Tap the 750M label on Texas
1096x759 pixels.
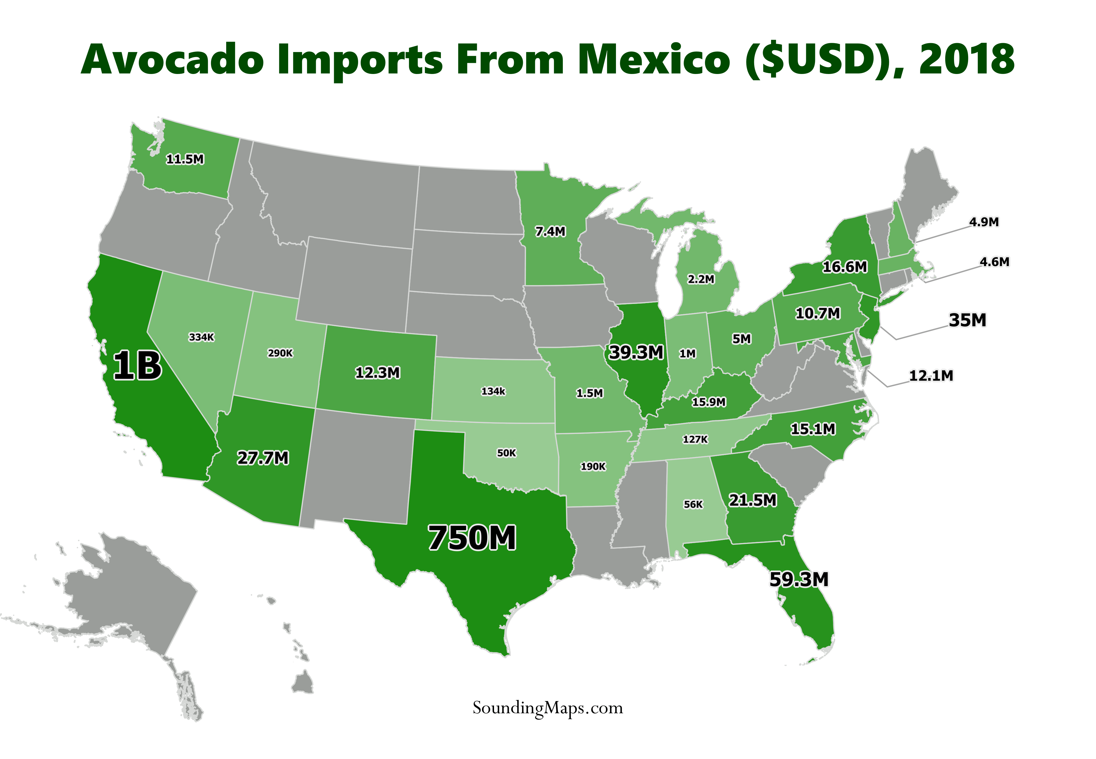click(x=472, y=538)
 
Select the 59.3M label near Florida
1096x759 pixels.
click(x=799, y=579)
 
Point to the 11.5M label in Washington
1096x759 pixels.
click(x=185, y=159)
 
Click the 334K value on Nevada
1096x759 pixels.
click(x=202, y=337)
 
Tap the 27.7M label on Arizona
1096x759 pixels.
click(x=263, y=458)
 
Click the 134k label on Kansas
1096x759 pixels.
click(x=493, y=391)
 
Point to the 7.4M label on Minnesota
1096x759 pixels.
click(x=550, y=232)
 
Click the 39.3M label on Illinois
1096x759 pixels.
click(x=636, y=353)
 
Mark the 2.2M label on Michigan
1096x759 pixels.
click(x=701, y=279)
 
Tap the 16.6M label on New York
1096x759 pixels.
click(x=845, y=267)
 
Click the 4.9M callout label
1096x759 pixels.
click(x=984, y=222)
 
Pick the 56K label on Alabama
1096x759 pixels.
click(x=693, y=504)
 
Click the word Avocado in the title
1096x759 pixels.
click(x=172, y=60)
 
